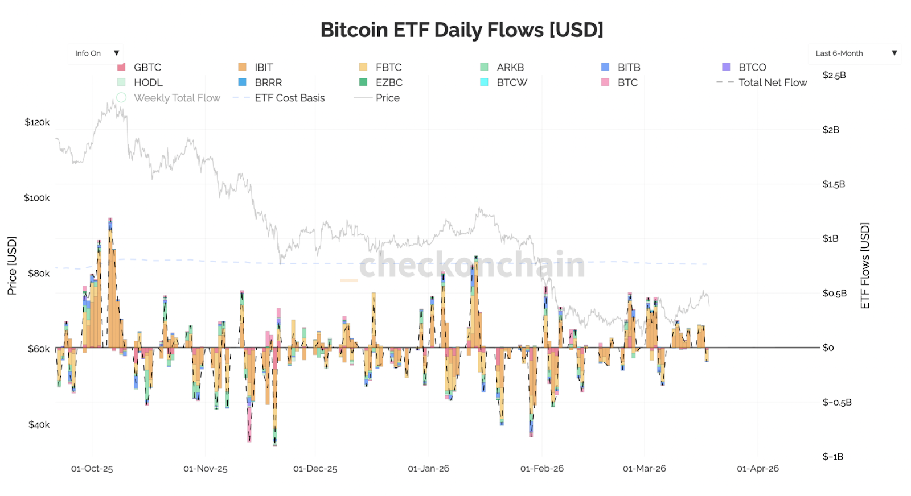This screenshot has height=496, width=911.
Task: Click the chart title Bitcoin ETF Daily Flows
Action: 462,30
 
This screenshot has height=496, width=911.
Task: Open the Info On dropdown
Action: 96,53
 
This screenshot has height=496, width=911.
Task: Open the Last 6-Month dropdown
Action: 854,53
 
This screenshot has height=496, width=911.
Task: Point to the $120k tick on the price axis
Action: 37,122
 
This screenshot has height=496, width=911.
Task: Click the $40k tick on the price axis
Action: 39,424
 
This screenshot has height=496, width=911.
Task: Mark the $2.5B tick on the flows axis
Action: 834,75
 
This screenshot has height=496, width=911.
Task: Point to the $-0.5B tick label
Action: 837,402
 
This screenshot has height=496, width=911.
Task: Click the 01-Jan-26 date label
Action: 428,469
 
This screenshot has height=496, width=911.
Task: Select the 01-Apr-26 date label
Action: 757,469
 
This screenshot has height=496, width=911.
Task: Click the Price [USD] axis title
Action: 12,266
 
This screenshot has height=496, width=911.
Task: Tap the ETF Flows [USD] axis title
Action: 865,266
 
